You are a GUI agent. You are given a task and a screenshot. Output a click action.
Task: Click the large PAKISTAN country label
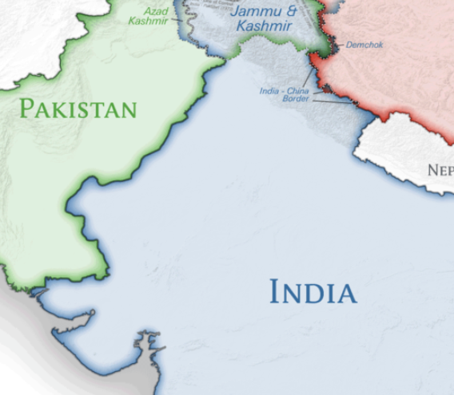coord(78,109)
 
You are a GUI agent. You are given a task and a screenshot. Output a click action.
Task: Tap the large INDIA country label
coord(313,292)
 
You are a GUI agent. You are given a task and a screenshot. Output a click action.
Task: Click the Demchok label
coord(364,45)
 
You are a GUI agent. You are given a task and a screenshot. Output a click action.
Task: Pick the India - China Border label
coord(285,94)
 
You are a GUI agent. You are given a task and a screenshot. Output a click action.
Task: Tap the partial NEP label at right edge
coord(440,170)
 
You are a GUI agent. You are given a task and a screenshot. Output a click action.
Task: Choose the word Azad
coord(156,11)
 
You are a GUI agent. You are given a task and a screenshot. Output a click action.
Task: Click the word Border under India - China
coord(296,99)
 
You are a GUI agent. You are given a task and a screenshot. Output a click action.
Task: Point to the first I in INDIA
coord(274,292)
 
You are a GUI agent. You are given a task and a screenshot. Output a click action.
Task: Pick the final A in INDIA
coord(346,292)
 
